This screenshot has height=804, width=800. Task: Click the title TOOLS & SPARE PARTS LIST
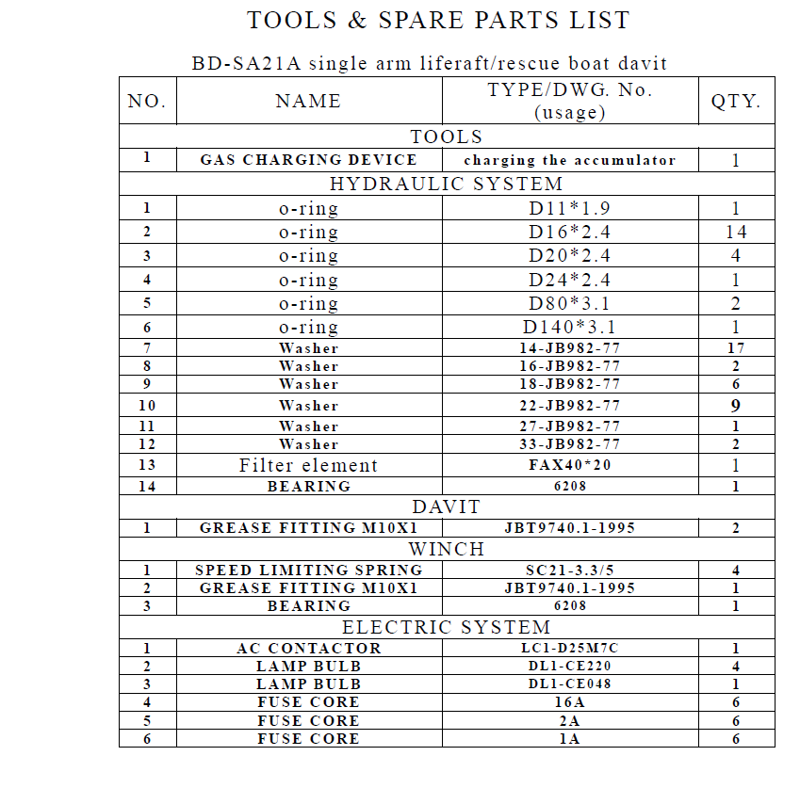point(438,20)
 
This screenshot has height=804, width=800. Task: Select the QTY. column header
point(736,101)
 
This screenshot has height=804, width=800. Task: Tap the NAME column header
point(308,101)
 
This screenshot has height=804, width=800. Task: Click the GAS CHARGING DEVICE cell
point(308,160)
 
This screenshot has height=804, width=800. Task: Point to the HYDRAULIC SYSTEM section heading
point(446,184)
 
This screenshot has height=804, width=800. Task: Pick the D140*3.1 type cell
point(569,328)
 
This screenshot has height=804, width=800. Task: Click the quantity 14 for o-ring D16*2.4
point(736,232)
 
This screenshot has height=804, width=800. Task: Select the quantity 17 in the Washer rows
point(736,348)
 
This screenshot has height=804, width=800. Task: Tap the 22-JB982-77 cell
point(569,406)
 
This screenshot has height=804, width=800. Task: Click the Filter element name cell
point(308,465)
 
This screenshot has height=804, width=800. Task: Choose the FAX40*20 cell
point(569,465)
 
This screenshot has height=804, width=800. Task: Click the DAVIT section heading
point(446,507)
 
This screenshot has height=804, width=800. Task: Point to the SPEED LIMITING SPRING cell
point(308,570)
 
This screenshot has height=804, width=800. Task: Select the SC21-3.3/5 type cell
point(569,570)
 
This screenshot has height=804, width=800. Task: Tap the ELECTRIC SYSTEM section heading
point(446,627)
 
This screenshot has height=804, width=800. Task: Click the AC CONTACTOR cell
point(308,649)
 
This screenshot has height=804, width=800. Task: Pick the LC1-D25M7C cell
point(569,649)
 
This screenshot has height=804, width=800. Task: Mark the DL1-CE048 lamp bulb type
point(569,683)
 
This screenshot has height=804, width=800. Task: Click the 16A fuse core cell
point(569,702)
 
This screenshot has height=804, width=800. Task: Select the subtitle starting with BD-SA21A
point(430,64)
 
